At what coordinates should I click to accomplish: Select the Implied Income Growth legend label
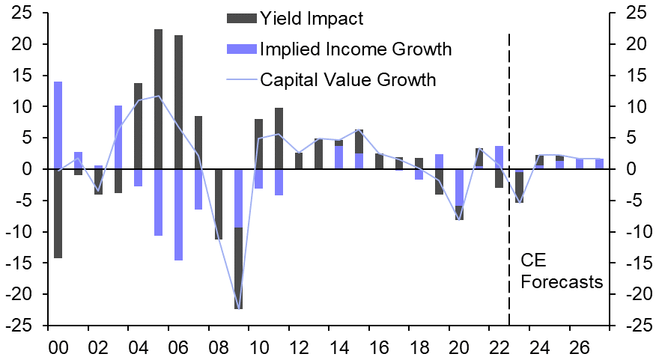click(x=356, y=49)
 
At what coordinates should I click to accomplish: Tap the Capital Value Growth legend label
click(x=347, y=79)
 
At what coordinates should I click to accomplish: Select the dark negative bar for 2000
click(x=58, y=213)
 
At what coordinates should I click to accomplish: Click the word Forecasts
click(x=561, y=283)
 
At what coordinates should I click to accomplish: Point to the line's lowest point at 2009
click(x=239, y=308)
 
